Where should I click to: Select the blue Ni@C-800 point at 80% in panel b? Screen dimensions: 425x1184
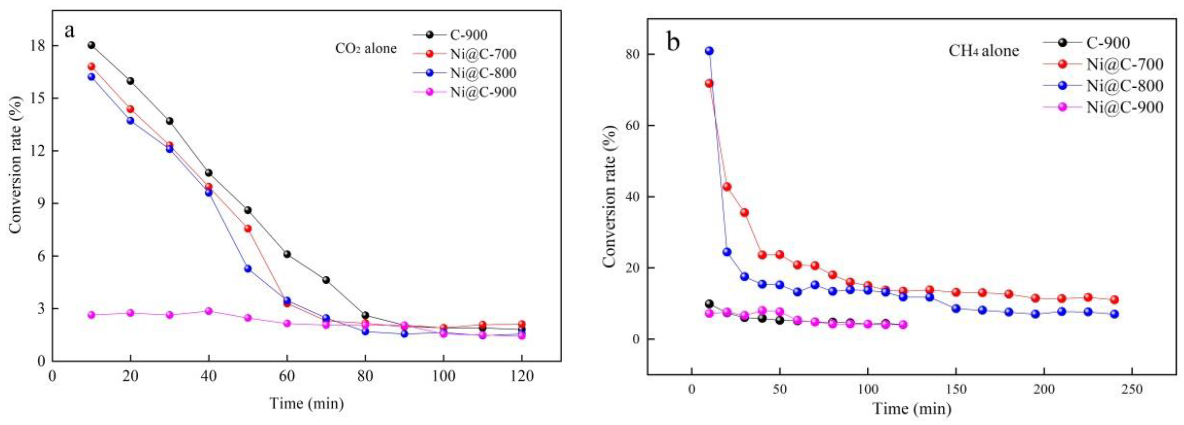(x=709, y=51)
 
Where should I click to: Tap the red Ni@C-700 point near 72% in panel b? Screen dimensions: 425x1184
(x=709, y=83)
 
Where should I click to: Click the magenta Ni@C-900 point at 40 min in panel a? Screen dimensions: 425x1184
(x=209, y=311)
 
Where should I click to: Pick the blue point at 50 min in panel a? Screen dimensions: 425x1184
(x=248, y=268)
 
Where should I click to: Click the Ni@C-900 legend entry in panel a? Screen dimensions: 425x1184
(x=483, y=92)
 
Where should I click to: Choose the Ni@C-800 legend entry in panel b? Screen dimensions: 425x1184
(x=1124, y=85)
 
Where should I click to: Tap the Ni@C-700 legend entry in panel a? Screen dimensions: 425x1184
(x=483, y=54)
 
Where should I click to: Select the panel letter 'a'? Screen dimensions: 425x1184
(x=70, y=31)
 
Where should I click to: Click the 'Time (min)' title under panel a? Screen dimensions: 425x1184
(x=307, y=403)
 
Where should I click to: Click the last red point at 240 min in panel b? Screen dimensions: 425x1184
(x=1114, y=300)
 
